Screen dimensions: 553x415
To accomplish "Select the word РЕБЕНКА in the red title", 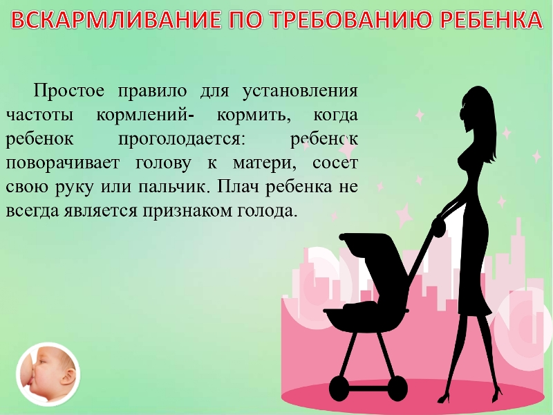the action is (x=491, y=20).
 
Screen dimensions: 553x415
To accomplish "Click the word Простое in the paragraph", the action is (x=69, y=91).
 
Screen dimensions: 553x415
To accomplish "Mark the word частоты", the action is (x=40, y=115).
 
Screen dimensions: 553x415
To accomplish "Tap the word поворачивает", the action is (x=63, y=163).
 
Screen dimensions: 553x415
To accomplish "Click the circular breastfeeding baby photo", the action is (x=48, y=374).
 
